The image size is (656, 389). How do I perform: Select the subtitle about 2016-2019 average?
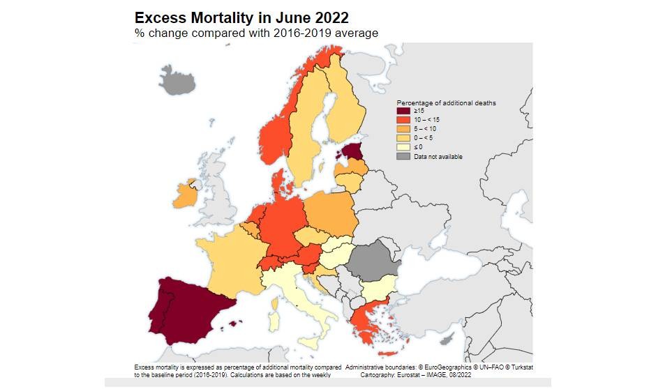pos(256,33)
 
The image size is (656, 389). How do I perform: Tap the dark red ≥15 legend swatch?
pos(403,111)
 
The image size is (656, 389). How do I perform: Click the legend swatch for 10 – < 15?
pos(403,120)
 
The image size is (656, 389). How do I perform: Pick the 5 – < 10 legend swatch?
pos(403,129)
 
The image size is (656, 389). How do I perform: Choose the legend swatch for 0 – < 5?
pos(403,138)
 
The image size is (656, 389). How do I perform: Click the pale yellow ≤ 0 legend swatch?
pos(403,147)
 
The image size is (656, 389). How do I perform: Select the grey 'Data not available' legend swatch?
pos(403,156)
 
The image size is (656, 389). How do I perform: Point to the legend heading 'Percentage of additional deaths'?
pos(446,102)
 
